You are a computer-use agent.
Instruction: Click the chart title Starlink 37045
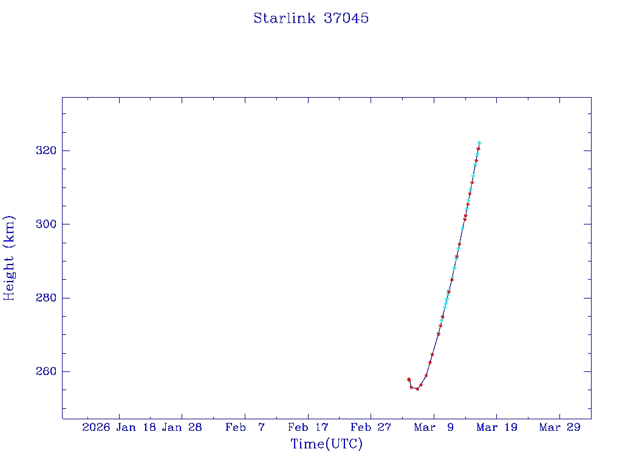pos(311,18)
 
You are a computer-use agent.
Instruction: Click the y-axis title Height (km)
pos(9,258)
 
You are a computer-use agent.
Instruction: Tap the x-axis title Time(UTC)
pos(326,444)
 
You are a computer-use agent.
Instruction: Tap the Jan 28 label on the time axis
pos(182,427)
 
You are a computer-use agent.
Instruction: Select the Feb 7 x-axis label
pos(245,427)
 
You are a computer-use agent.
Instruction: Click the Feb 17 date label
pos(308,427)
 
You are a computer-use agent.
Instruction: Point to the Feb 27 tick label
pos(371,427)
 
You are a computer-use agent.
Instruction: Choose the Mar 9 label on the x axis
pos(434,427)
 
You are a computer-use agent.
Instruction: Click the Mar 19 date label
pos(496,427)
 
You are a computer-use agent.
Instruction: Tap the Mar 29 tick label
pos(559,427)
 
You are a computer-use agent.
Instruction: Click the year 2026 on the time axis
pos(96,427)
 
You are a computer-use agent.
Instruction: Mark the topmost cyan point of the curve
pos(479,143)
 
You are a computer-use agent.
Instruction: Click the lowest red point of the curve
pos(417,389)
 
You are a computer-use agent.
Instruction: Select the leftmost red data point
pos(409,379)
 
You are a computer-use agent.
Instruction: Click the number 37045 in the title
pos(346,18)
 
